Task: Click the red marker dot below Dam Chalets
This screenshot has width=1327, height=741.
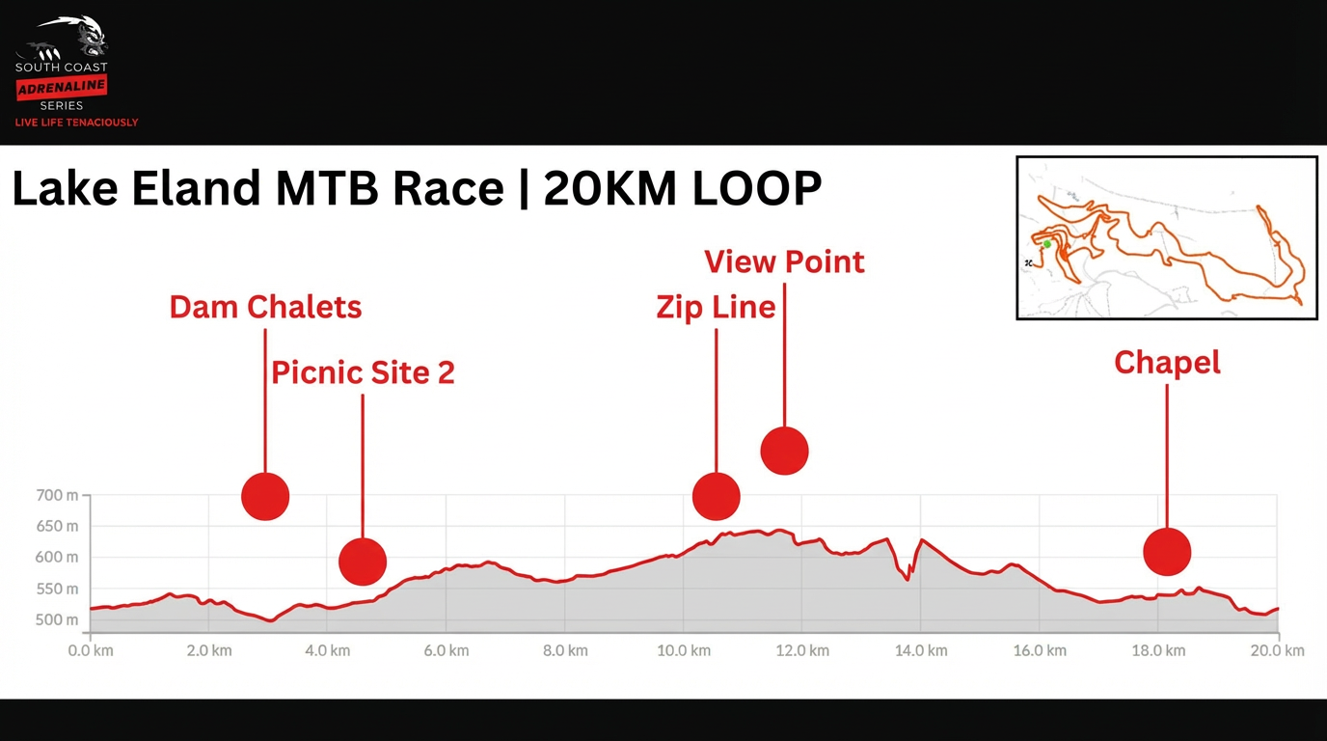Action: click(x=265, y=497)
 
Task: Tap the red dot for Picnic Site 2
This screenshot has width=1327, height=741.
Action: click(x=363, y=562)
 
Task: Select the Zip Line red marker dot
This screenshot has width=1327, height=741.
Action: click(x=717, y=497)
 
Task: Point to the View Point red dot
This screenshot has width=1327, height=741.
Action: click(x=784, y=451)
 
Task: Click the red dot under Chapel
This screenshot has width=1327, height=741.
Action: click(x=1167, y=553)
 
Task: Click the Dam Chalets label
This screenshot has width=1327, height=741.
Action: click(x=265, y=307)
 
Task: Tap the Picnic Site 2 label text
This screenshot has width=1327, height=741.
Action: click(x=363, y=372)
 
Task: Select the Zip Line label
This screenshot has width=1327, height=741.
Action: click(x=716, y=307)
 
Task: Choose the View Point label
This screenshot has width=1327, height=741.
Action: click(x=784, y=261)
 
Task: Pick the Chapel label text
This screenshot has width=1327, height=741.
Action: click(x=1167, y=363)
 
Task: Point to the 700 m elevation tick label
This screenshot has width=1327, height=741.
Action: click(x=58, y=496)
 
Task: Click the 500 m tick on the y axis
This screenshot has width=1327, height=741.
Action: click(x=58, y=619)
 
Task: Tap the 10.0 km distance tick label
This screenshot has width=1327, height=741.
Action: click(x=683, y=650)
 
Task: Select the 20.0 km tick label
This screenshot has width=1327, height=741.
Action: click(x=1278, y=650)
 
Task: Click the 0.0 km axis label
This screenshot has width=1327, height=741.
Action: click(x=91, y=650)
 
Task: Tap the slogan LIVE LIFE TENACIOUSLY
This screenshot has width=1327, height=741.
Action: click(x=76, y=123)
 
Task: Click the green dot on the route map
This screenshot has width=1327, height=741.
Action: click(x=1047, y=244)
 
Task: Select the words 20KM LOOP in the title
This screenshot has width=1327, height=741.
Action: click(x=682, y=189)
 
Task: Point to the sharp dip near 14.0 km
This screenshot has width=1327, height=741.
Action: click(x=907, y=579)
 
